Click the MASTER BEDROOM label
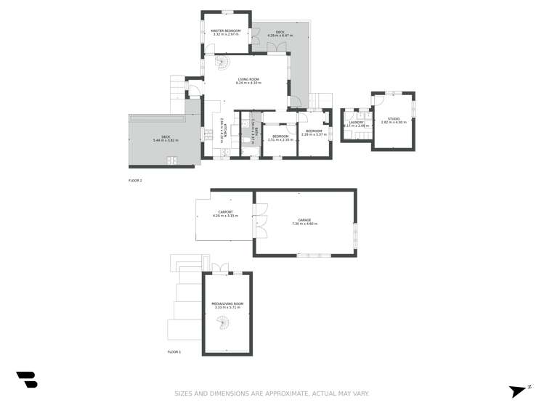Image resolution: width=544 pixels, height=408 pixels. click(226, 31)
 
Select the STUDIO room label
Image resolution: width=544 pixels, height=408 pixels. click(393, 118)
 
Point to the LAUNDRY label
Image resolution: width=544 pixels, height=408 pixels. click(356, 122)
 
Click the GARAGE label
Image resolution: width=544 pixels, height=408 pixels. click(304, 220)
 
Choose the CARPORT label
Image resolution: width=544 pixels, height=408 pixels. click(225, 212)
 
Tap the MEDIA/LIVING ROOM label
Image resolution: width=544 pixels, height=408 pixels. click(227, 303)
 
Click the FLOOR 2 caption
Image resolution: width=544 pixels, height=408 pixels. click(135, 180)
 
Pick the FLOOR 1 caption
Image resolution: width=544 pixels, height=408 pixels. click(174, 351)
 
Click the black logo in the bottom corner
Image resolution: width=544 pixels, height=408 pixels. click(27, 379)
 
